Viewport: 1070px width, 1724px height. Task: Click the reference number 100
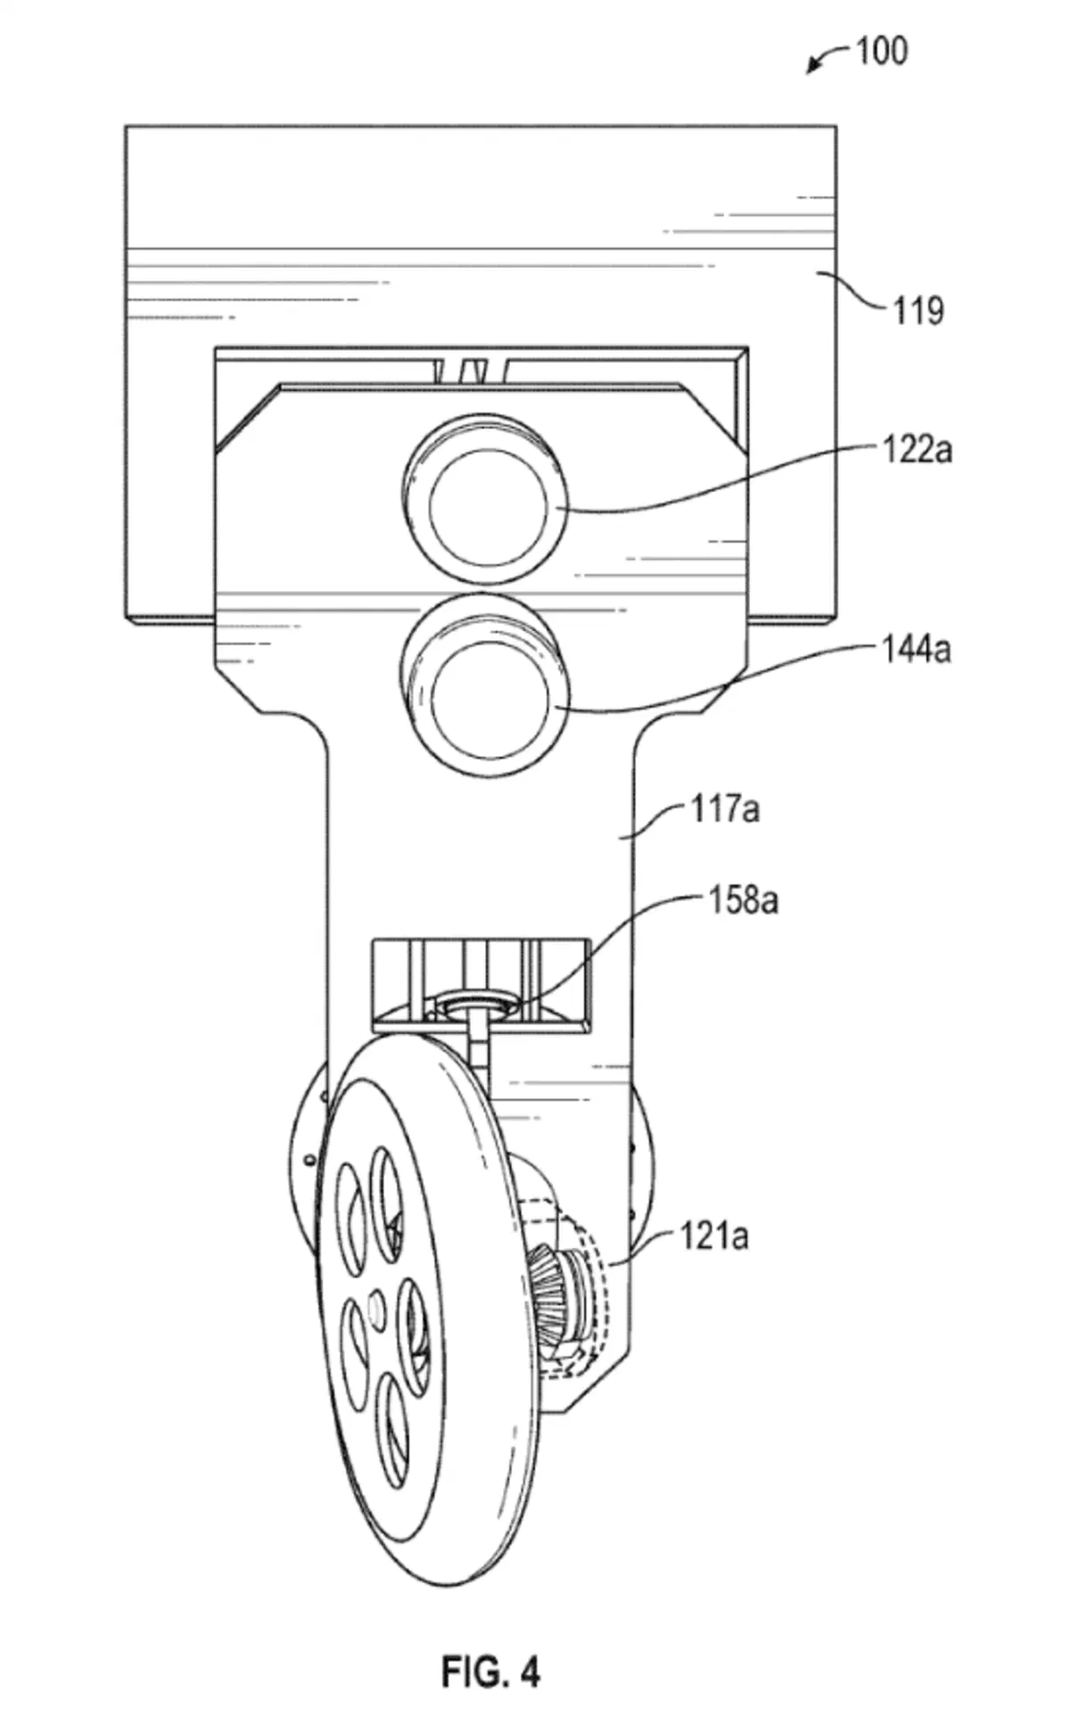coord(882,51)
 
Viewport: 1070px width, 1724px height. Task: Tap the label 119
coord(918,311)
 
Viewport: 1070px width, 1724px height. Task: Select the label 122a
coord(917,449)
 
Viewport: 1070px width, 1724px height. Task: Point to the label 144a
coord(917,648)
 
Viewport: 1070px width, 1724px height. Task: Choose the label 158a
coord(743,900)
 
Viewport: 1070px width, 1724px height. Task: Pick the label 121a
coord(714,1236)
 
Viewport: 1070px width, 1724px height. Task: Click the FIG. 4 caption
coord(491,1672)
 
